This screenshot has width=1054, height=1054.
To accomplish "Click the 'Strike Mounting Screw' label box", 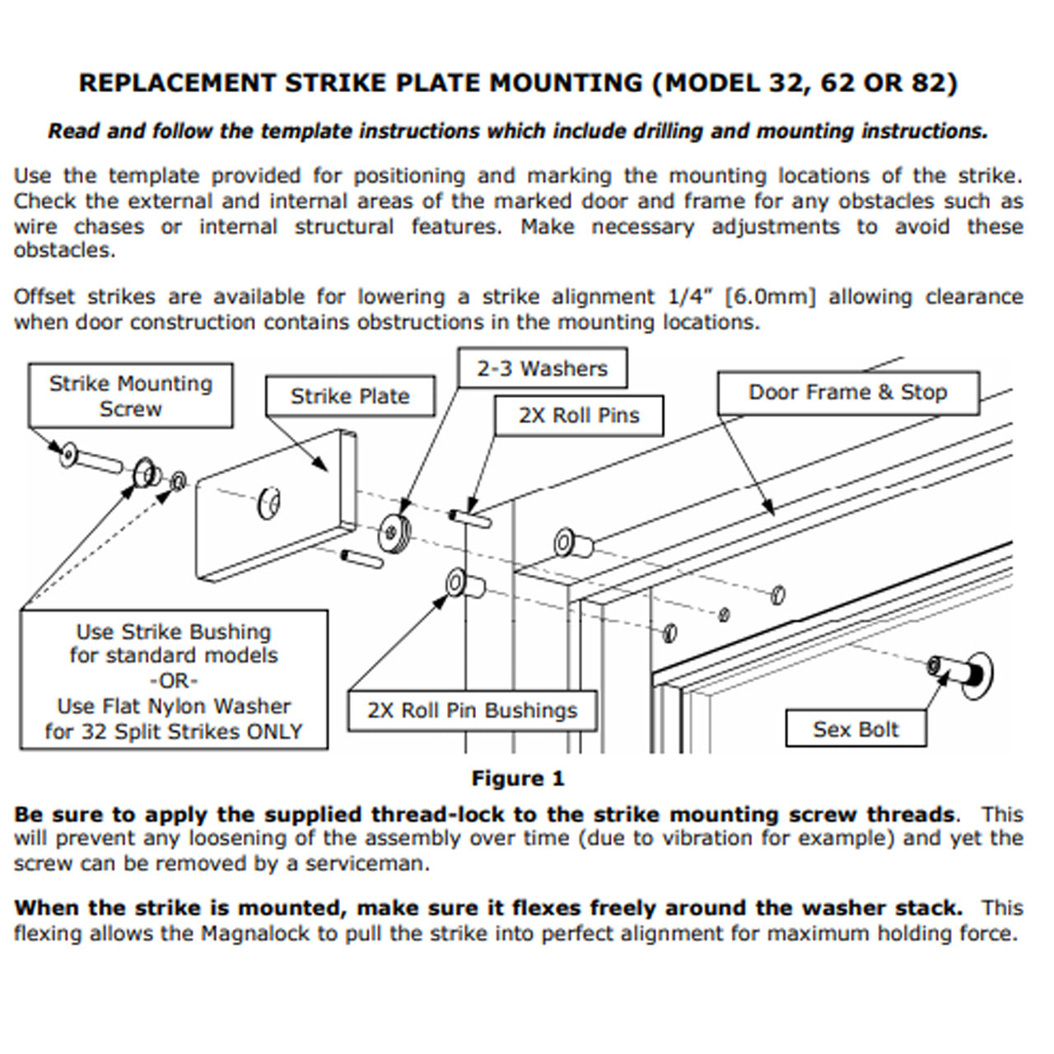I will [x=130, y=396].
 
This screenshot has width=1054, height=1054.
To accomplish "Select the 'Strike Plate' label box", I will [x=350, y=396].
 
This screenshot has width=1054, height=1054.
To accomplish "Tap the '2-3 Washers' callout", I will [x=542, y=368].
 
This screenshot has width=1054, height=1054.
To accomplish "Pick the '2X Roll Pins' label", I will [x=579, y=416].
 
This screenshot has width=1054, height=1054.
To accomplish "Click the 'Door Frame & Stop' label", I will [x=847, y=393].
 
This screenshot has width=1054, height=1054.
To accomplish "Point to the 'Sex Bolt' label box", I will [x=856, y=729].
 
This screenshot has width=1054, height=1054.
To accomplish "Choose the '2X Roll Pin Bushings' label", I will [x=472, y=711].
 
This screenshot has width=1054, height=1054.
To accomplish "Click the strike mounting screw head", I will [x=68, y=454].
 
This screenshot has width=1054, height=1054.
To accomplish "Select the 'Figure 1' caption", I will [x=518, y=778].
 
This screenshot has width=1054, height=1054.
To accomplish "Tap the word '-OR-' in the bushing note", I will [x=174, y=681].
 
